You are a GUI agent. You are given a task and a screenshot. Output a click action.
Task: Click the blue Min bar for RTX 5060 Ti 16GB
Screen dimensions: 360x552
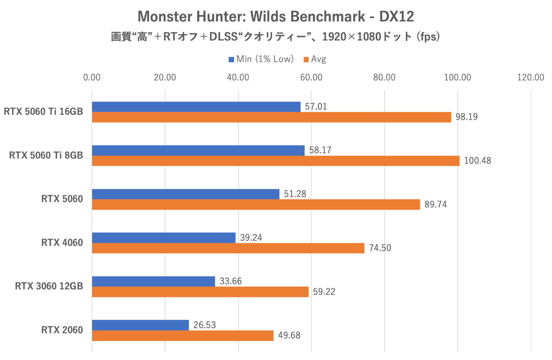point(196,107)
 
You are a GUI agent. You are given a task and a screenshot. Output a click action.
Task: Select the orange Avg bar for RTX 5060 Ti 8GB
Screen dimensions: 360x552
point(275,161)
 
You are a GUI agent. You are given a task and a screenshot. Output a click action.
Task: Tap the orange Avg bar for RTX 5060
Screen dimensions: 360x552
point(256,204)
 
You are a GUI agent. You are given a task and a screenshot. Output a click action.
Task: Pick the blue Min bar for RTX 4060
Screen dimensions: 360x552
point(163,238)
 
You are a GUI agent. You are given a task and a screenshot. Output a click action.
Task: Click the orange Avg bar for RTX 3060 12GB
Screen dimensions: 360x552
point(200,292)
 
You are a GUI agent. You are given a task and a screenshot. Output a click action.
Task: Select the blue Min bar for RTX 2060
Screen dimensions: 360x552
point(140,325)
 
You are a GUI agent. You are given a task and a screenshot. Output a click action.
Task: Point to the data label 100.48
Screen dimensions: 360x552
point(477,161)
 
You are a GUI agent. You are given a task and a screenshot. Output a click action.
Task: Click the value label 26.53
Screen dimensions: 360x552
point(205,325)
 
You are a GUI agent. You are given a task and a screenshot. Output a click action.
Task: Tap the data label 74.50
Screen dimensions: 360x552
point(380,248)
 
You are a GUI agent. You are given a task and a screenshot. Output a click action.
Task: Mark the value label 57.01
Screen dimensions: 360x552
point(316,107)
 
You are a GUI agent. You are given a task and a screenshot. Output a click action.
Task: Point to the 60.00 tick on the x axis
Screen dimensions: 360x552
point(311,77)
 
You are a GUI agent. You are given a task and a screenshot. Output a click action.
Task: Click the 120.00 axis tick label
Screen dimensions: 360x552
point(530,77)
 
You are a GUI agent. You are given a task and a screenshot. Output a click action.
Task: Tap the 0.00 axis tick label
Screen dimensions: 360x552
point(92,77)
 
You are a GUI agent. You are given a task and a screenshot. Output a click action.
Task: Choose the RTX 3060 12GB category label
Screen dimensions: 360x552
point(49,286)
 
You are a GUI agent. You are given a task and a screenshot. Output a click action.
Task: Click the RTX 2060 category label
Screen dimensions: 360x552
point(62,330)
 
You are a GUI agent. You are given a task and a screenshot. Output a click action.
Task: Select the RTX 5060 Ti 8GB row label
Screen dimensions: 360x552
point(46,155)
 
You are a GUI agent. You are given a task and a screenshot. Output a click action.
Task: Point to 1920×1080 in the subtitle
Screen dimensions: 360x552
point(351,37)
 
